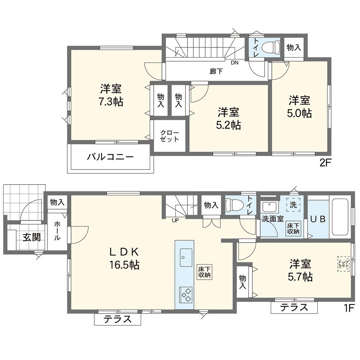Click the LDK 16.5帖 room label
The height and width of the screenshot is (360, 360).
coord(124,258)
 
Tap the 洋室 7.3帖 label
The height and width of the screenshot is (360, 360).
coord(111,95)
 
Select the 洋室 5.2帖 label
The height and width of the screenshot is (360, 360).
coord(229,119)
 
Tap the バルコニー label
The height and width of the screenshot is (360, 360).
coord(110,157)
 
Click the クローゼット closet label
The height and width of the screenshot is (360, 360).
coord(170,136)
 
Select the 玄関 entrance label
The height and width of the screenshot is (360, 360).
coord(32,237)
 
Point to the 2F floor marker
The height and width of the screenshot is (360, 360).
coord(325,163)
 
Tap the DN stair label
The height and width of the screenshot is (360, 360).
coord(234,63)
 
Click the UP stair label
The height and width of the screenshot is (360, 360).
coord(175,221)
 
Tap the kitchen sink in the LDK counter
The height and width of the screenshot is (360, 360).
coord(186,257)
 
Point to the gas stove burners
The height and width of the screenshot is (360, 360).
coord(186,294)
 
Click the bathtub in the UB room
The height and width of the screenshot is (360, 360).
coord(340,217)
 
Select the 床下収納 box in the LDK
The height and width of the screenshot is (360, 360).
coord(204,272)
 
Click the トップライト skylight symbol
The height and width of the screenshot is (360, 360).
coord(343,264)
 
